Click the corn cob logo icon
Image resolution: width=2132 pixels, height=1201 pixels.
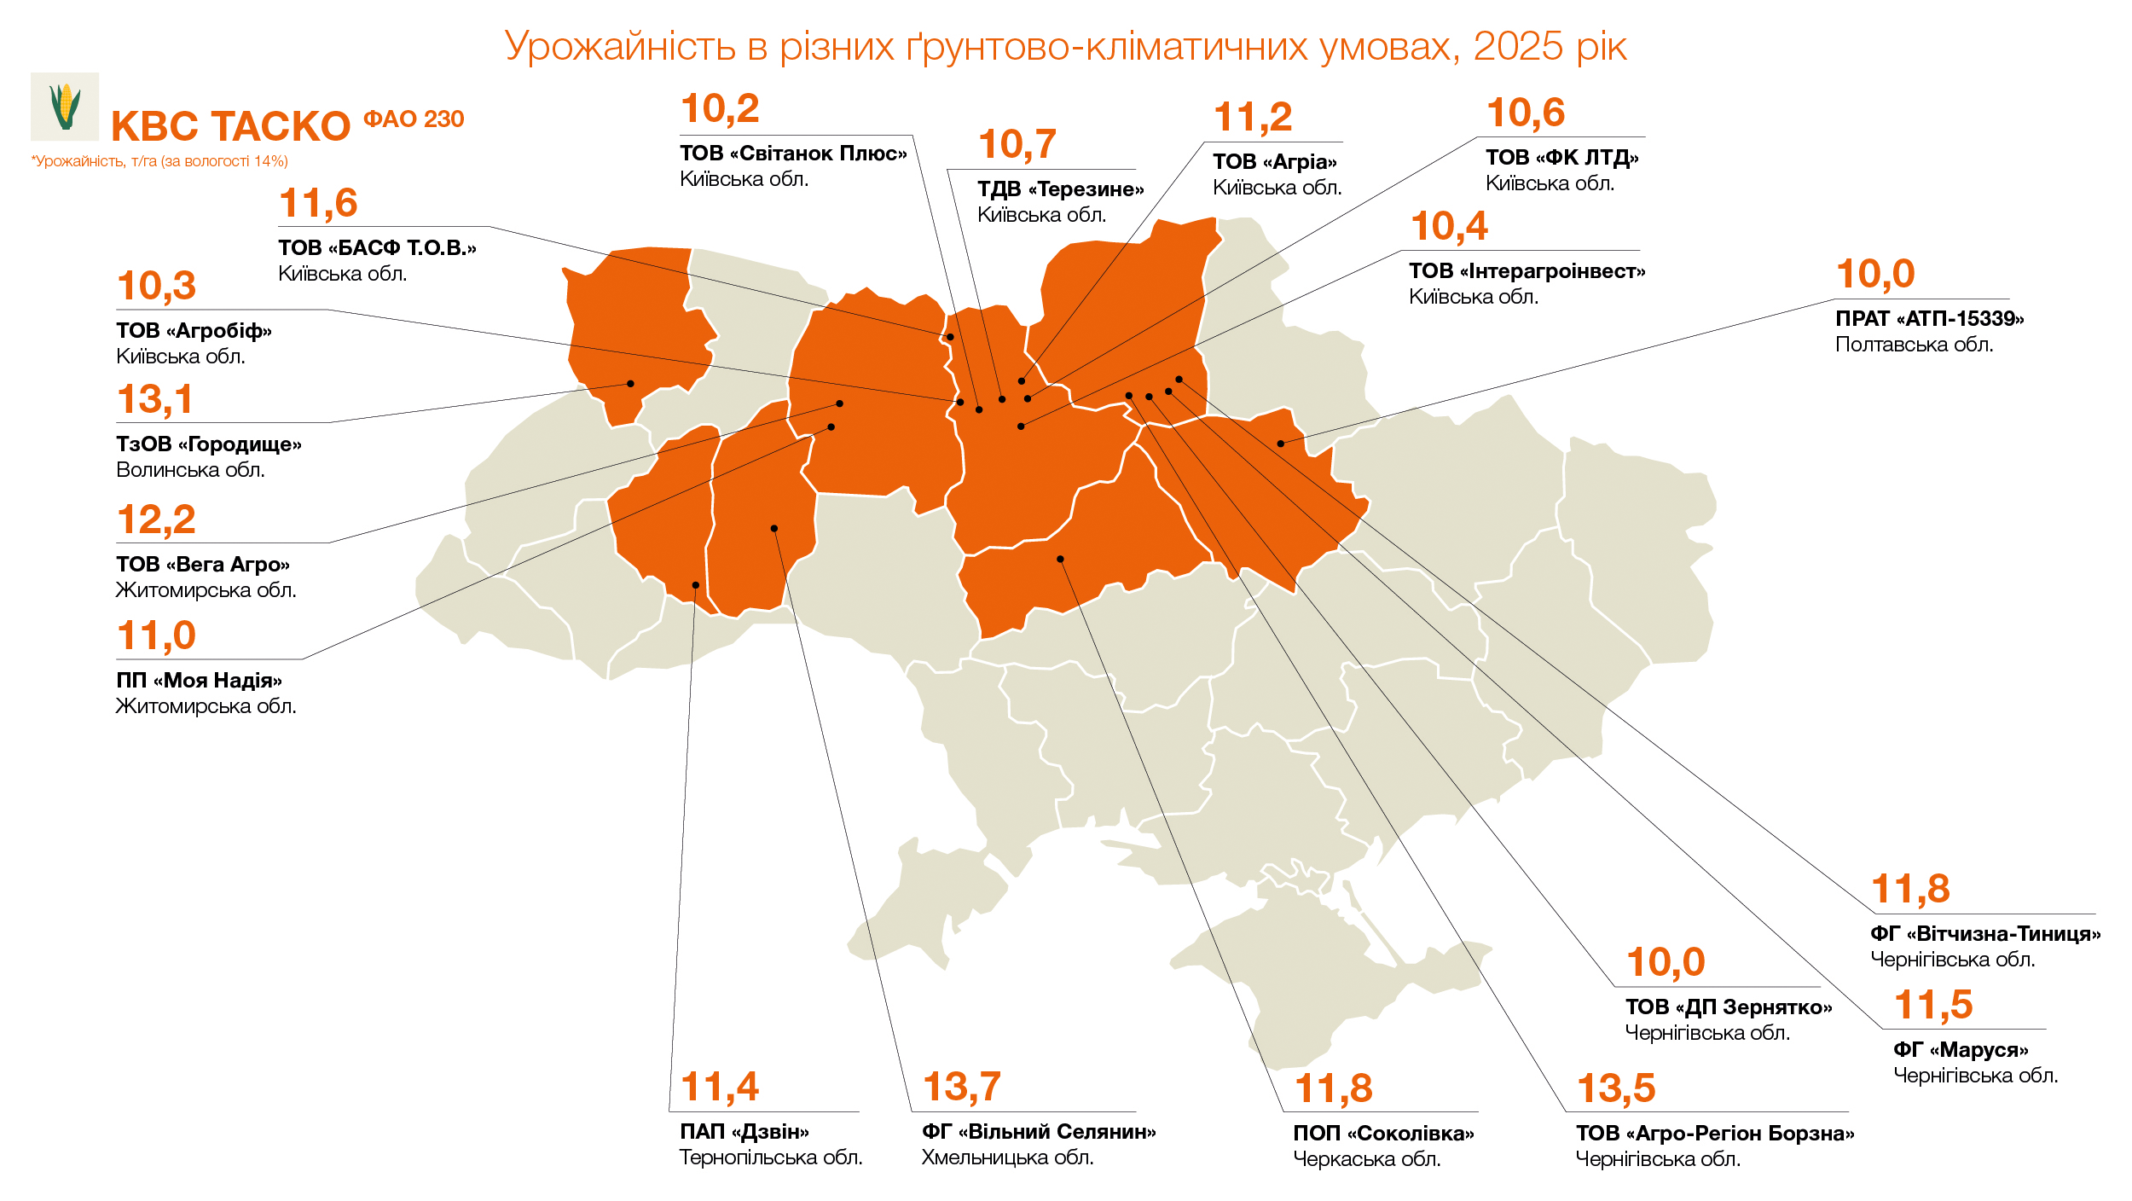(x=65, y=107)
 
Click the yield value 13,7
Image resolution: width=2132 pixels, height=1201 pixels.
(x=961, y=1088)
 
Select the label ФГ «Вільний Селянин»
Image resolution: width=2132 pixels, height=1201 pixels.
(x=1038, y=1132)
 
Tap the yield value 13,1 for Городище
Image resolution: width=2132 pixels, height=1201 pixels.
(x=155, y=400)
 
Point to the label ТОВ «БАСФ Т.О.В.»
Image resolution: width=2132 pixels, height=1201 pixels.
(x=377, y=248)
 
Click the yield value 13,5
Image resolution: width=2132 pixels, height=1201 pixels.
(x=1615, y=1089)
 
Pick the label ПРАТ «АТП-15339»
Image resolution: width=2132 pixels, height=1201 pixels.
(x=1929, y=319)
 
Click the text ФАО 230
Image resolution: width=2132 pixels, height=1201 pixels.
(x=414, y=119)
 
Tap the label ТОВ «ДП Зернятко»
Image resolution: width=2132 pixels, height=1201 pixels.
(x=1728, y=1007)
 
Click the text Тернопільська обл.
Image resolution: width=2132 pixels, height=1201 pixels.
(x=770, y=1157)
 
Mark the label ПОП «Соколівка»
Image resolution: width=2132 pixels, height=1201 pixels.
(x=1382, y=1134)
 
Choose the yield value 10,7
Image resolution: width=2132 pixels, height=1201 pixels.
(x=1017, y=145)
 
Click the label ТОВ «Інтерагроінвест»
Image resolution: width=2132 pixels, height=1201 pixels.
(x=1527, y=271)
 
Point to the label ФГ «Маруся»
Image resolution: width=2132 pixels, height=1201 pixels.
(x=1961, y=1050)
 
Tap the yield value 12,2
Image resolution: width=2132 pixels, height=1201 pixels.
(x=156, y=520)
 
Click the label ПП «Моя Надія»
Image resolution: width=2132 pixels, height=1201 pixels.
(x=199, y=681)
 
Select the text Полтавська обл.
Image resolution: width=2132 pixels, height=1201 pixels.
(x=1914, y=345)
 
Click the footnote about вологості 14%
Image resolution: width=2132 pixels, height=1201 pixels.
(x=159, y=161)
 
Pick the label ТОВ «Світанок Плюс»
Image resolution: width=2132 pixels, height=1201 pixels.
(x=793, y=154)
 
